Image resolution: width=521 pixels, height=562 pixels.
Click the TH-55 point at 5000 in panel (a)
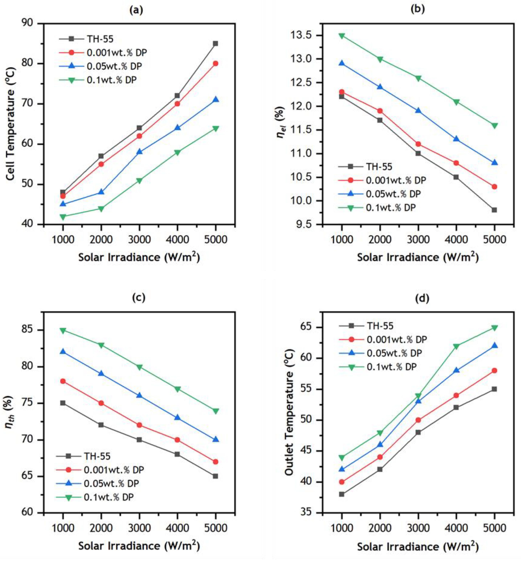pyautogui.click(x=215, y=43)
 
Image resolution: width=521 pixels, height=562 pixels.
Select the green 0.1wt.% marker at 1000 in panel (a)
pyautogui.click(x=63, y=217)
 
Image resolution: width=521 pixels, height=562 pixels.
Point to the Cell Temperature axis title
pyautogui.click(x=11, y=124)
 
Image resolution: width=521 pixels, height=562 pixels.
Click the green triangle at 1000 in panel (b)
pyautogui.click(x=342, y=36)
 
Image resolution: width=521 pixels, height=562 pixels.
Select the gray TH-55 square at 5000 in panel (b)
pyautogui.click(x=494, y=210)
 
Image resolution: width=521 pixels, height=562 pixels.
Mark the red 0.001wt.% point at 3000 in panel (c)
pyautogui.click(x=139, y=425)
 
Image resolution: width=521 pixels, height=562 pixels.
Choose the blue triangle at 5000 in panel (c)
pyautogui.click(x=216, y=439)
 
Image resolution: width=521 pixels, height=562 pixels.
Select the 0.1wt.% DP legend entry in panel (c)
pyautogui.click(x=109, y=497)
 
